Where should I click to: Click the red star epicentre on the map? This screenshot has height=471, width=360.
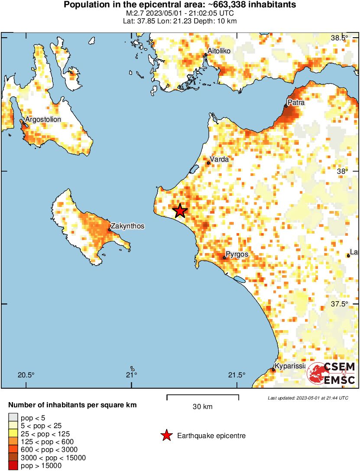(x=180, y=211)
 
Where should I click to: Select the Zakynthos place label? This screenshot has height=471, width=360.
(x=127, y=226)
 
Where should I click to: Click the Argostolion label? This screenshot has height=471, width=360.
(x=43, y=119)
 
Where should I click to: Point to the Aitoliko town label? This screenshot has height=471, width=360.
(x=219, y=51)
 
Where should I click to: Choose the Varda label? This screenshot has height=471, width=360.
(x=219, y=159)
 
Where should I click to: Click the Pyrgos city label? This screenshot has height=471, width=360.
(x=237, y=254)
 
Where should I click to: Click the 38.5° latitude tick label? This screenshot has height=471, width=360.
(x=339, y=38)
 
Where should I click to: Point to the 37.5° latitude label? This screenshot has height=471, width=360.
(x=339, y=304)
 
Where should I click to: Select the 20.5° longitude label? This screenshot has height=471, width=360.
(x=26, y=375)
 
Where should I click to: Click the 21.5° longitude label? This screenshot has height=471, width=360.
(x=237, y=375)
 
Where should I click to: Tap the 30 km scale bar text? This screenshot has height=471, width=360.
(x=202, y=406)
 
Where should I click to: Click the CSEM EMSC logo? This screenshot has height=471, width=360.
(x=331, y=373)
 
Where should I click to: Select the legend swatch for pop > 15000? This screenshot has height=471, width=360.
(x=13, y=466)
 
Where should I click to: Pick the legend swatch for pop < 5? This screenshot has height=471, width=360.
(x=13, y=418)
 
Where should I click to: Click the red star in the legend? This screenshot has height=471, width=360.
(x=166, y=436)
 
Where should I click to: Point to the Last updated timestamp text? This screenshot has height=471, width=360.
(x=308, y=398)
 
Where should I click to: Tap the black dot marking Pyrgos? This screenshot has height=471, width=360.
(x=224, y=258)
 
